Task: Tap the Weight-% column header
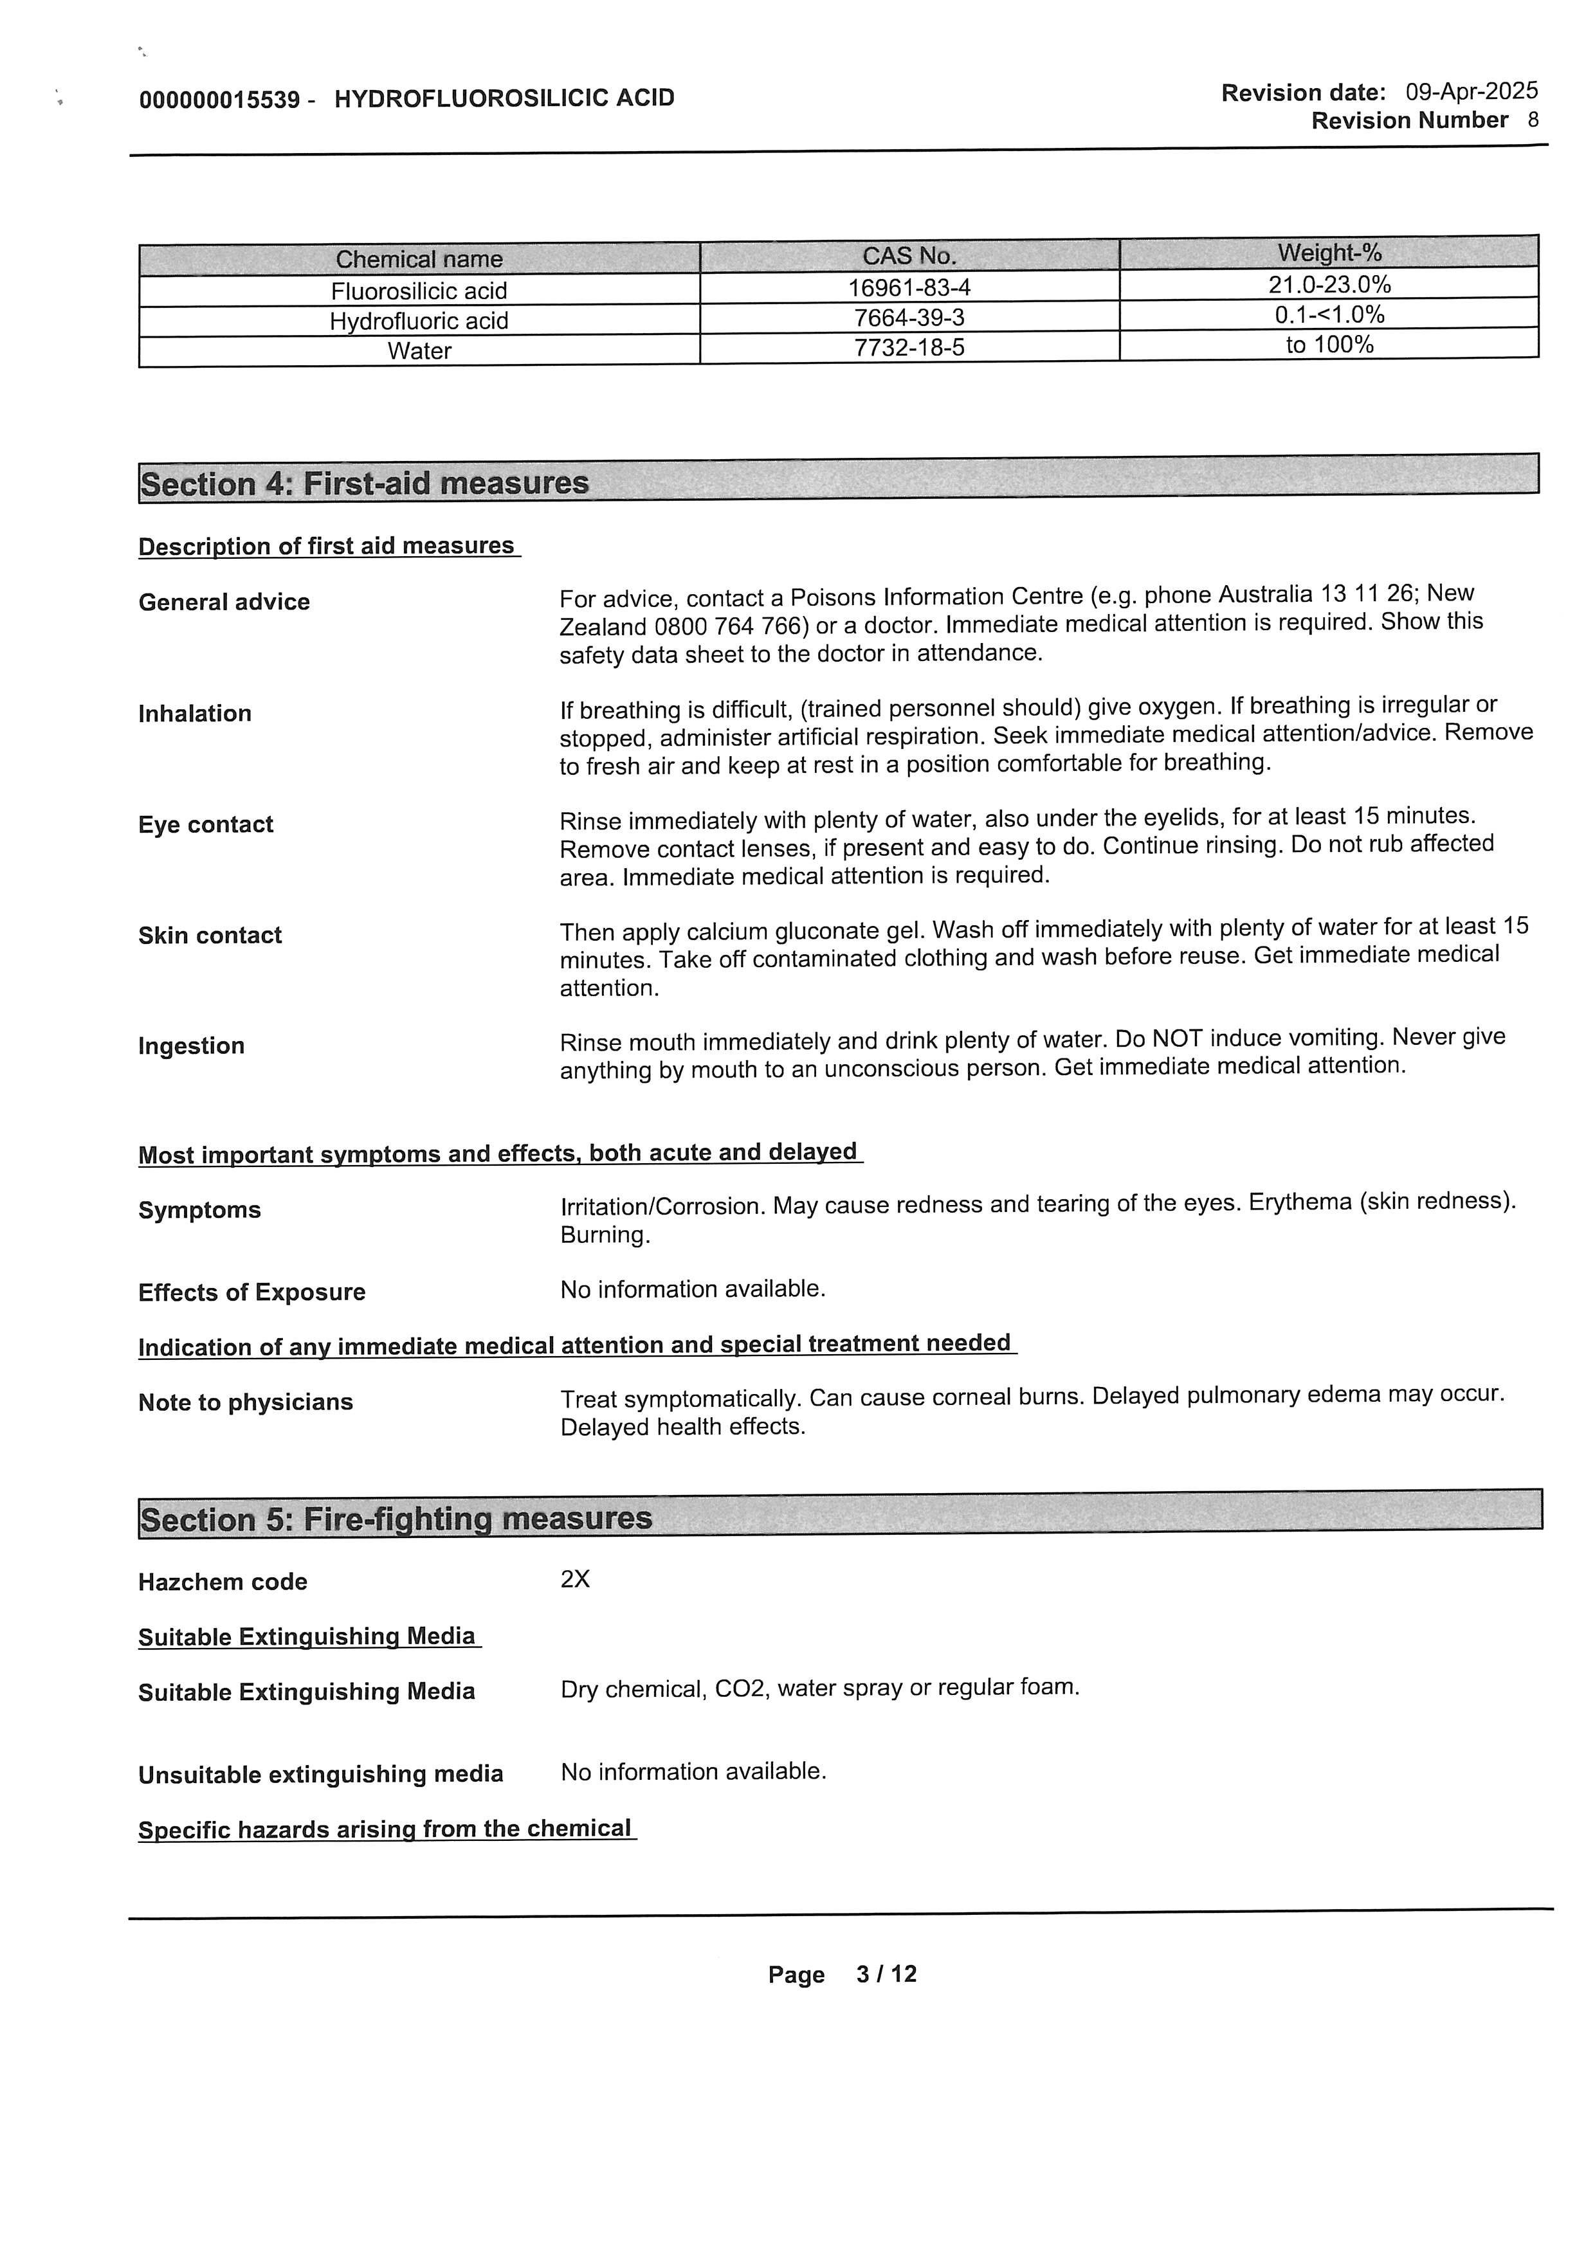1329,253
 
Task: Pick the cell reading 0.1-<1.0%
1329,314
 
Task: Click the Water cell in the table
419,350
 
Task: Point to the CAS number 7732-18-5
909,348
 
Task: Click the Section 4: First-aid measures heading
365,484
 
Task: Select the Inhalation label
194,713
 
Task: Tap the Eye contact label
205,824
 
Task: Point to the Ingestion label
192,1046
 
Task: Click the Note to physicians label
246,1402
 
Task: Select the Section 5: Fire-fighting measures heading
396,1518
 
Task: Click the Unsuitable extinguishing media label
320,1774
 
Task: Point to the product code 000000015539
219,99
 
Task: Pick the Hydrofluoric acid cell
419,321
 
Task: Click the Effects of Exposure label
251,1292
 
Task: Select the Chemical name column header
419,259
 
